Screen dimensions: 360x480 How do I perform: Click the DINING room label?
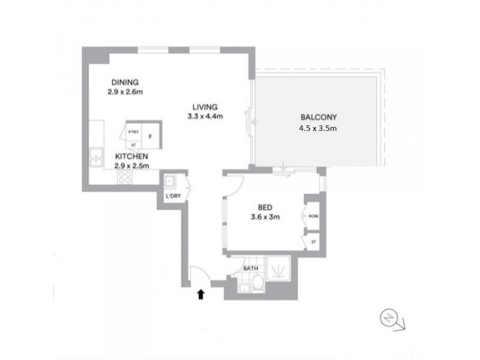[x=125, y=82]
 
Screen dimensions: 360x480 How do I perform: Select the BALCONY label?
[x=318, y=118]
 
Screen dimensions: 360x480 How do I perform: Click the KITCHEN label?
[x=131, y=156]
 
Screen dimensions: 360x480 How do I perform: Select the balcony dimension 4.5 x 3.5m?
[x=318, y=128]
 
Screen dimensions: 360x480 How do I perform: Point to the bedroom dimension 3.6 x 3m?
[x=265, y=218]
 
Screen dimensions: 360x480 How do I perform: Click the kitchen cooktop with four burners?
[x=125, y=176]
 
